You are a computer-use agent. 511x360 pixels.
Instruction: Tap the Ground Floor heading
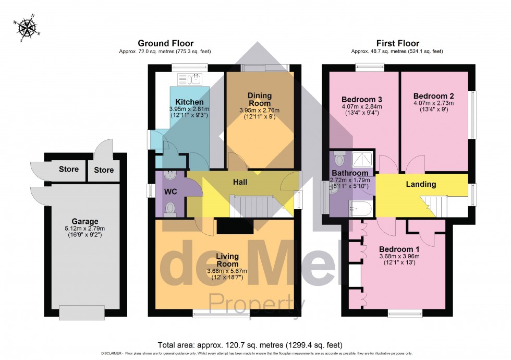pos(165,43)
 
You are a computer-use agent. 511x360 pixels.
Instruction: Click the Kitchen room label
pos(189,101)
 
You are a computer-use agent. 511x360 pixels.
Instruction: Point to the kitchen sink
pos(190,79)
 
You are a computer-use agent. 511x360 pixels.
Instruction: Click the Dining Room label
pos(260,99)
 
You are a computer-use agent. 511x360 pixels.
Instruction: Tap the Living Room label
pos(227,260)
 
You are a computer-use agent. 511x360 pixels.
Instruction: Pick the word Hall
pos(240,182)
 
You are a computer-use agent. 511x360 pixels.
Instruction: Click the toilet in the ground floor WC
pos(169,209)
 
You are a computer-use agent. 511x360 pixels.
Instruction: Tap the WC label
pos(171,191)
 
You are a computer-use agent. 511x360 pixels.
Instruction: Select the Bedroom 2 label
pos(431,96)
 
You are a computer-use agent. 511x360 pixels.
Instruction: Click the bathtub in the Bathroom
pos(360,209)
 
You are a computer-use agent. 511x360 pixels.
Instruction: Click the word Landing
pos(421,184)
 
